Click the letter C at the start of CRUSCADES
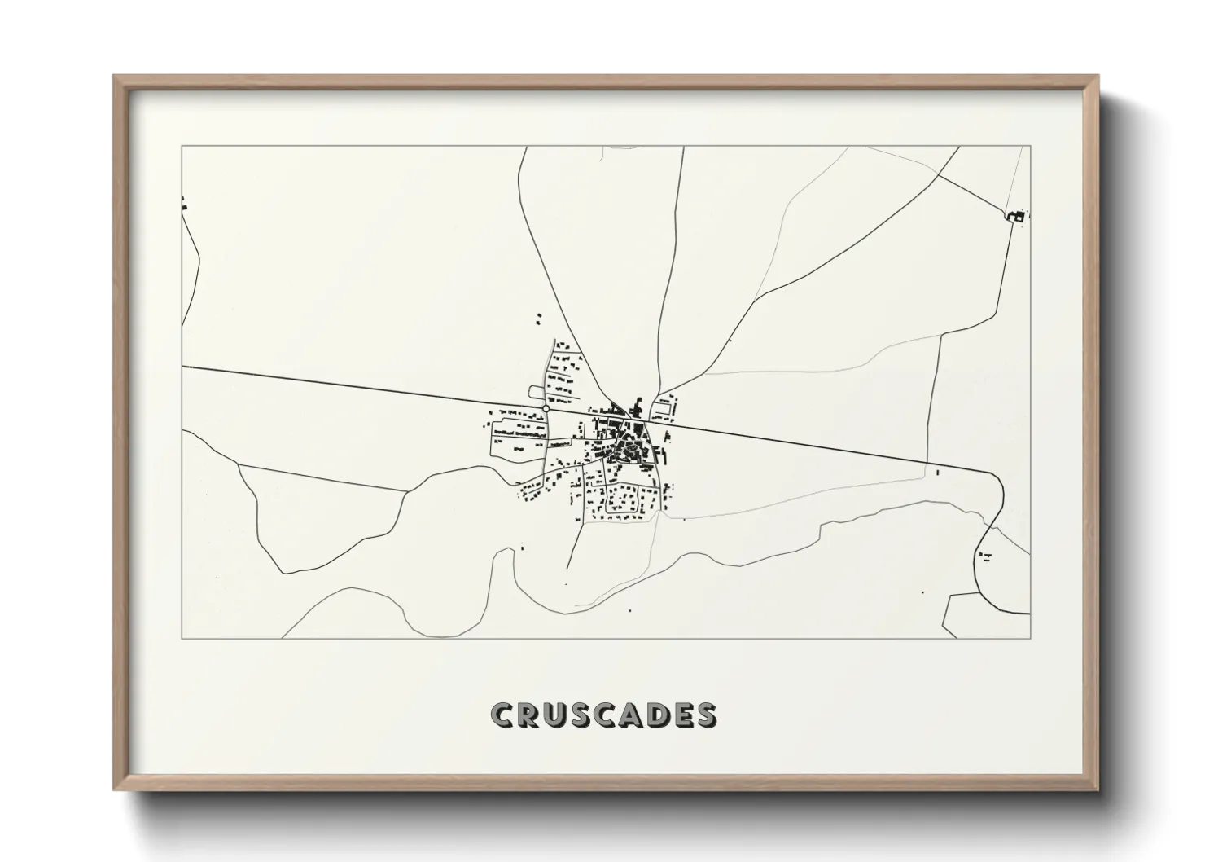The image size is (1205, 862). [502, 715]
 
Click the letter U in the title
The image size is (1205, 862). [553, 715]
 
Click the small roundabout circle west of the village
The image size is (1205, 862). [546, 408]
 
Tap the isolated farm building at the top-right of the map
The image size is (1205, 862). [1016, 216]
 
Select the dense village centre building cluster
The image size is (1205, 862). [627, 444]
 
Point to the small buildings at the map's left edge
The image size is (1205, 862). [185, 204]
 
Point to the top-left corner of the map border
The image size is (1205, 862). [182, 147]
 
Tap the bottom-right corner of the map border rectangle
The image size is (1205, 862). [1030, 639]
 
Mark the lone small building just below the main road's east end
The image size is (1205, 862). [938, 473]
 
